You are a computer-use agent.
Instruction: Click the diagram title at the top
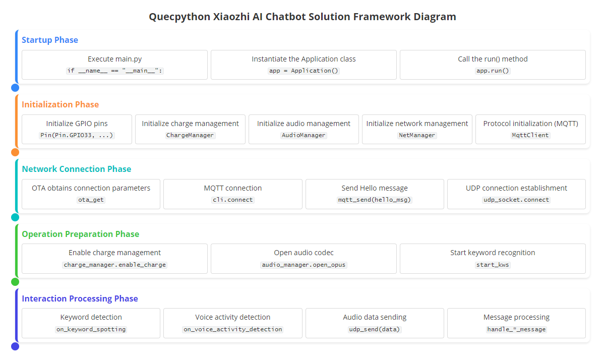coord(302,17)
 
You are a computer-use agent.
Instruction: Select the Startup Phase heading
coord(50,40)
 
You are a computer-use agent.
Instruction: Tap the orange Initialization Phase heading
coord(60,104)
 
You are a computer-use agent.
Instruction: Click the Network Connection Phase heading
coord(77,169)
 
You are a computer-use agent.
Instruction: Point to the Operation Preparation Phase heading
coord(81,234)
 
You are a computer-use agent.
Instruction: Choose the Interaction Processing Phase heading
coord(80,298)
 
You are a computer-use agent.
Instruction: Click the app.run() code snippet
coord(493,71)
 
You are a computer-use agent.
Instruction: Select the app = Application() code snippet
coord(304,71)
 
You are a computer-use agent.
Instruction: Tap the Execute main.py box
coord(114,65)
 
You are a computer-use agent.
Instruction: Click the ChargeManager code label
coord(190,135)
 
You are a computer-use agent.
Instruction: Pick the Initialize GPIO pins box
coord(77,130)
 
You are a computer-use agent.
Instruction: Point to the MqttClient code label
coord(530,135)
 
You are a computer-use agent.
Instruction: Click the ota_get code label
coord(91,200)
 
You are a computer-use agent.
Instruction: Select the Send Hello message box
coord(375,194)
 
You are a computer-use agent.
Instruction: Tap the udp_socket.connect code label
coord(516,200)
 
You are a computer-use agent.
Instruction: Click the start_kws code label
coord(493,265)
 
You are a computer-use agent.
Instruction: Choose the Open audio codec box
coord(304,259)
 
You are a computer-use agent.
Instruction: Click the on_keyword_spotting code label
coord(91,329)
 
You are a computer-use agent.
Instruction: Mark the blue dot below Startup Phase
coord(15,88)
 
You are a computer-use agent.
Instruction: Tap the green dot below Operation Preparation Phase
coord(15,282)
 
